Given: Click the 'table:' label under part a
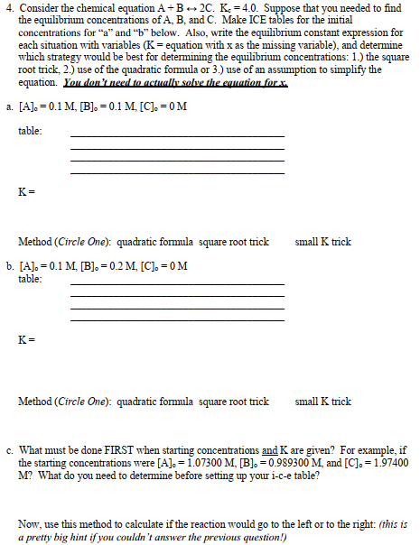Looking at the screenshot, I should point(30,132).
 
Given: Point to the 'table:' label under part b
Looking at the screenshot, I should point(30,279).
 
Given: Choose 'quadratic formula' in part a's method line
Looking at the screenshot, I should point(154,242).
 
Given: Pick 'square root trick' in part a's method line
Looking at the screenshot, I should point(234,242).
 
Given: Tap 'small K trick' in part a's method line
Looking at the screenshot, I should point(322,242).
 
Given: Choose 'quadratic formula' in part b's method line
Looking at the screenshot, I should point(154,401).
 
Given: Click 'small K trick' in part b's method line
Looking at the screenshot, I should point(322,401).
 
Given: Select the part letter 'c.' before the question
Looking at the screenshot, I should point(8,448).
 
